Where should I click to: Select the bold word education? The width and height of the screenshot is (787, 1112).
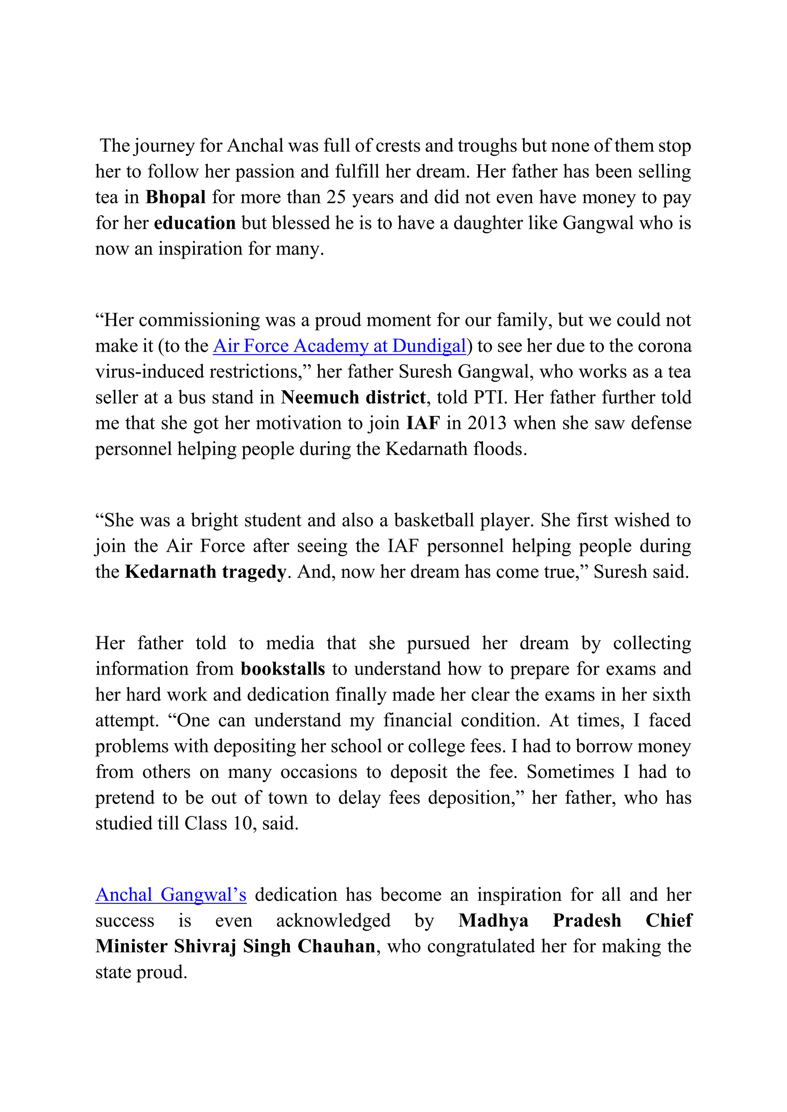(x=195, y=223)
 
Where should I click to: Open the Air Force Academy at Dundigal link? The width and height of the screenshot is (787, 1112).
(x=339, y=346)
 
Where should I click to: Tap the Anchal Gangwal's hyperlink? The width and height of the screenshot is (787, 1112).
(x=171, y=895)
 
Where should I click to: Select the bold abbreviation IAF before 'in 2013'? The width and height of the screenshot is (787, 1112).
(x=423, y=423)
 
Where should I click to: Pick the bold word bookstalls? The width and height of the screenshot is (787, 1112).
(x=283, y=669)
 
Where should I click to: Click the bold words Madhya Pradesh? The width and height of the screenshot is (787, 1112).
(x=540, y=920)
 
